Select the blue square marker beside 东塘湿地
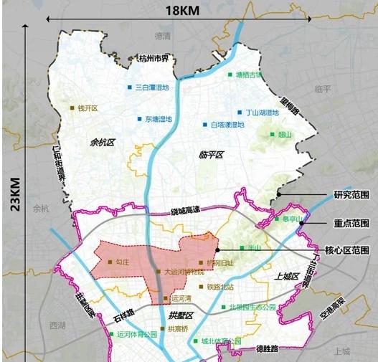140,119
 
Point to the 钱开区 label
87,108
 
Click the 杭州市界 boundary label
151,59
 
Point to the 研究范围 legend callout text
349,194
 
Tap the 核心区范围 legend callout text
346,250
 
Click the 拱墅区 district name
181,315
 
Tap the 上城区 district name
285,276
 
